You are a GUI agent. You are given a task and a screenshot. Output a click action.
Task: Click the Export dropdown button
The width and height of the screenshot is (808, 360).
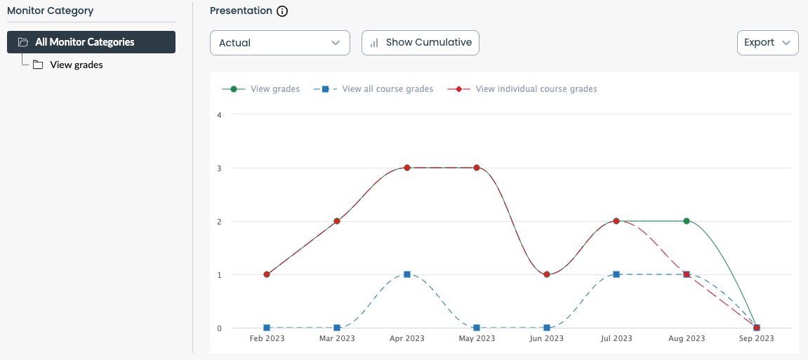(767, 42)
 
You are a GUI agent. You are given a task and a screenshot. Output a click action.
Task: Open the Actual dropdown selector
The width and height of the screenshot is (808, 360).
(279, 43)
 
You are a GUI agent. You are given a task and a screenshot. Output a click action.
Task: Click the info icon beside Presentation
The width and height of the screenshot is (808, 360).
(282, 11)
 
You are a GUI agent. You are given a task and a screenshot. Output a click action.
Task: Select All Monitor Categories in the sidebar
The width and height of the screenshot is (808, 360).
(91, 42)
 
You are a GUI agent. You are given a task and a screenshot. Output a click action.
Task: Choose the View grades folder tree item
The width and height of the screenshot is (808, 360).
(76, 65)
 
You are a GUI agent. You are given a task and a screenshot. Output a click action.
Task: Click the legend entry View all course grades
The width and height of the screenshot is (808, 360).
(387, 89)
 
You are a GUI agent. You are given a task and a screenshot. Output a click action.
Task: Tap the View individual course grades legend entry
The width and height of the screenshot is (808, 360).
(536, 89)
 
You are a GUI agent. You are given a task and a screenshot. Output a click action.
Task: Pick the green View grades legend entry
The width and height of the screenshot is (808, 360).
(274, 89)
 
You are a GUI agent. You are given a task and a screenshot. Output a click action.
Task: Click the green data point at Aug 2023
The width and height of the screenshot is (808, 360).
(687, 221)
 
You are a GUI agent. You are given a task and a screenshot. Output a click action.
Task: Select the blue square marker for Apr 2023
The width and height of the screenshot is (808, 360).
(407, 274)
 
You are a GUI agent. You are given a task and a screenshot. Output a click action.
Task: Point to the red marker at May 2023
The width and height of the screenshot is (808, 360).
(477, 168)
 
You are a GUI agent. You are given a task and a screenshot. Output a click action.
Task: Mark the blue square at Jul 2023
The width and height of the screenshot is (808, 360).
(616, 274)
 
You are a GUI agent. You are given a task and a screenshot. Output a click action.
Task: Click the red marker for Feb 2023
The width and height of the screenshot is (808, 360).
(267, 274)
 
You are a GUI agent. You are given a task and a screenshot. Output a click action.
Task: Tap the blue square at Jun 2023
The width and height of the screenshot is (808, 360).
(547, 328)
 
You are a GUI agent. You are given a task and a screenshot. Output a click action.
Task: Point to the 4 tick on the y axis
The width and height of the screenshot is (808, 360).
(219, 114)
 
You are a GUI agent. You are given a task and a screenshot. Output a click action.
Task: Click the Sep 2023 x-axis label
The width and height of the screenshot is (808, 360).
(756, 338)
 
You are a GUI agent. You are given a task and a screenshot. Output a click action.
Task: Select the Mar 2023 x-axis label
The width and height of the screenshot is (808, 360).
(337, 338)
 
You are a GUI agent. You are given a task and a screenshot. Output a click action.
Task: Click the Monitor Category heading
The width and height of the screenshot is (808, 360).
(50, 11)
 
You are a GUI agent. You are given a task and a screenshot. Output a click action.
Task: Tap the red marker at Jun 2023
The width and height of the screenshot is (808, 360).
(547, 274)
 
